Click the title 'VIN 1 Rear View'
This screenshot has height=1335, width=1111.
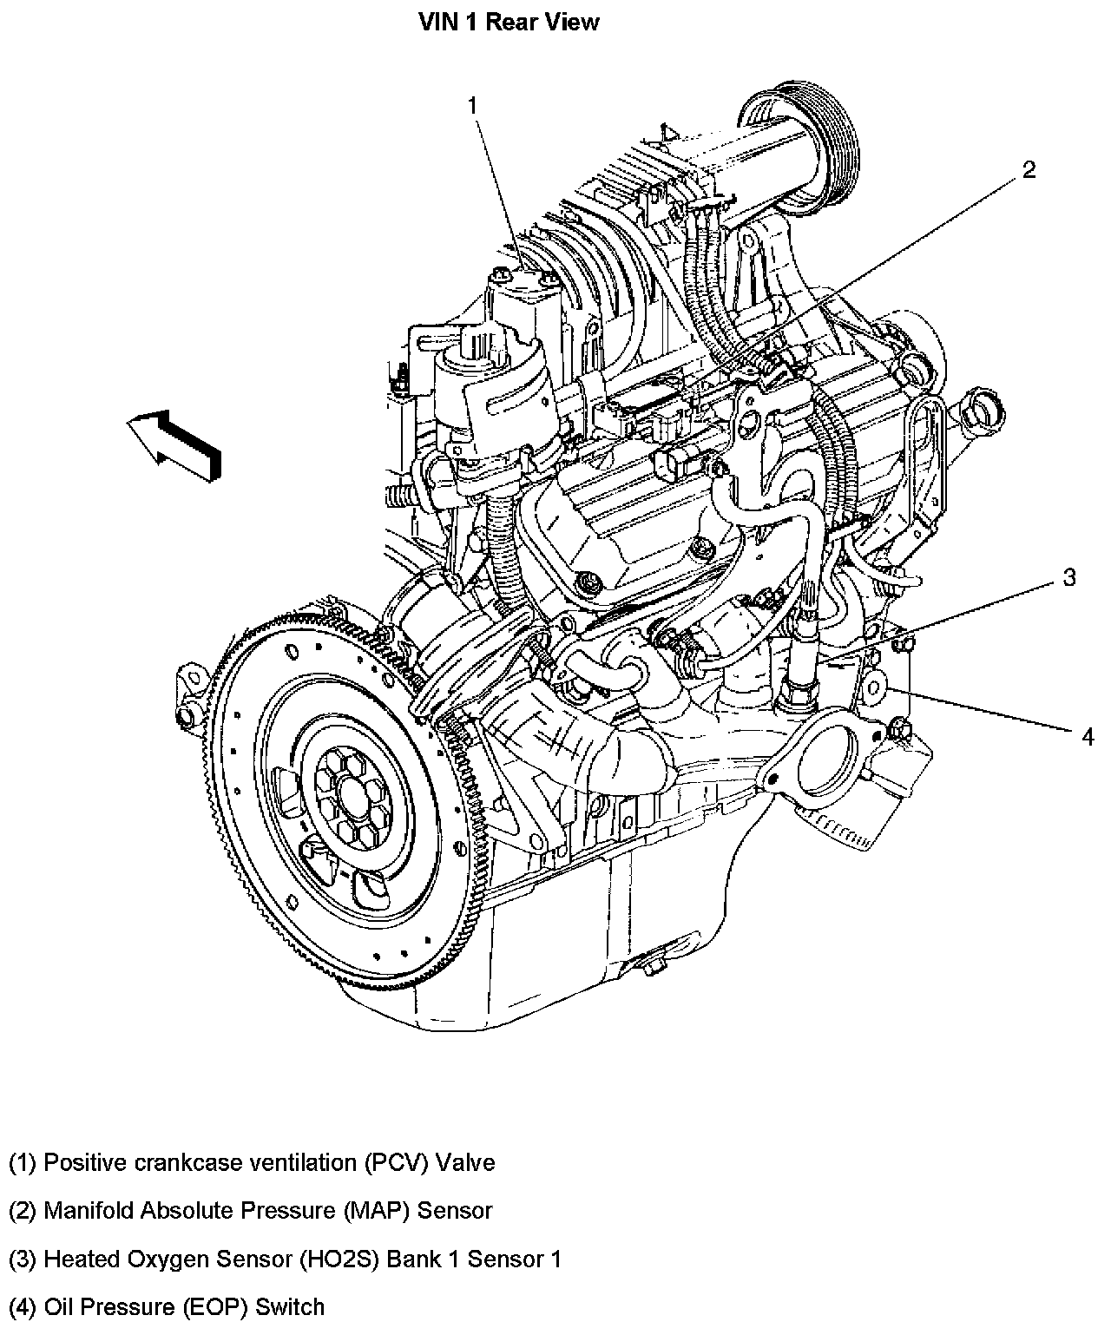click(x=509, y=22)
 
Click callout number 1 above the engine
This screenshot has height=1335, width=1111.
click(x=473, y=106)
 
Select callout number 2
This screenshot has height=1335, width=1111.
click(x=1029, y=169)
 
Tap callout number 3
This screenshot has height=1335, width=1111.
click(x=1069, y=577)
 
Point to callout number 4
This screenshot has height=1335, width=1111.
click(x=1088, y=737)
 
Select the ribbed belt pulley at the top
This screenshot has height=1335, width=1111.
click(x=812, y=143)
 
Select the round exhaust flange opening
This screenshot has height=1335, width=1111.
click(x=817, y=761)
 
